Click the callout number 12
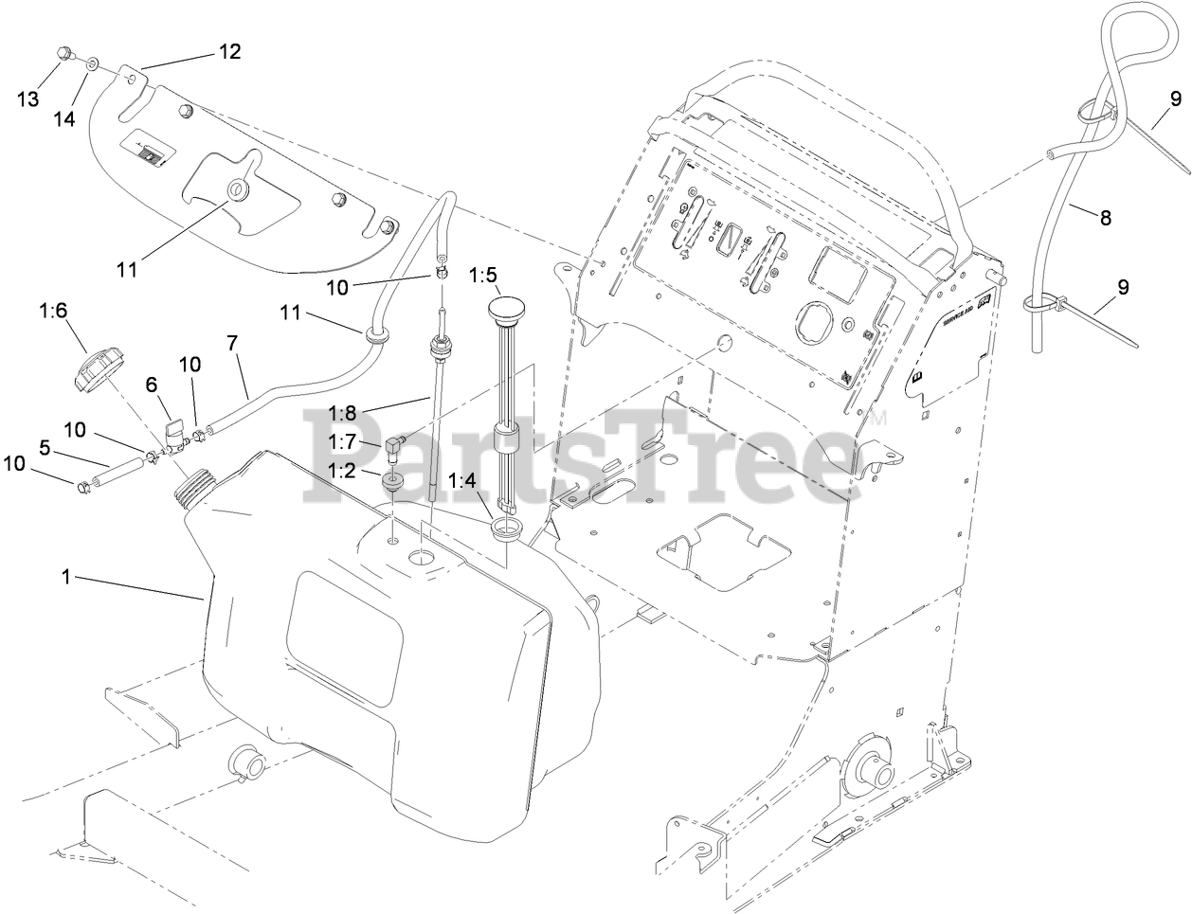click(230, 51)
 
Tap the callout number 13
click(28, 99)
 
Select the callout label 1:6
click(54, 310)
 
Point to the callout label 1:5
click(483, 276)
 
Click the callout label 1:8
click(344, 412)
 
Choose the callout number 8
click(1105, 217)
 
